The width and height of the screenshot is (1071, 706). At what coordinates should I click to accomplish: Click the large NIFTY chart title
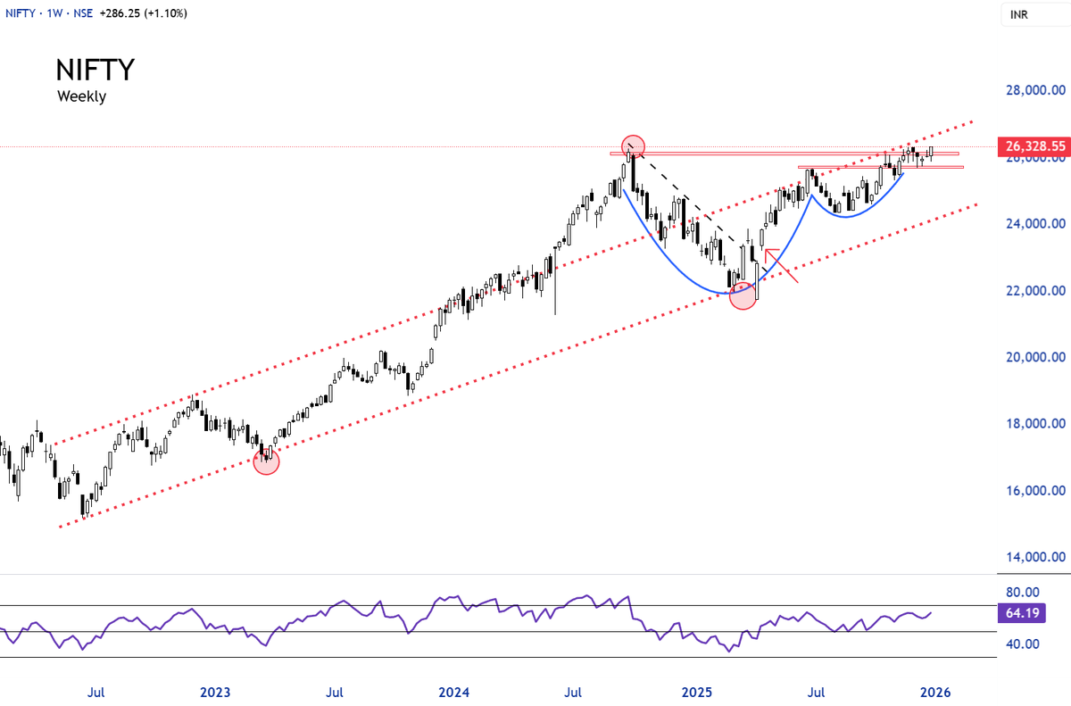pyautogui.click(x=95, y=70)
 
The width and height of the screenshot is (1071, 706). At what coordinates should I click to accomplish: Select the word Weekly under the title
pyautogui.click(x=82, y=96)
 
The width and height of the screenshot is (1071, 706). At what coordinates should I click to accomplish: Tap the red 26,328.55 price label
pyautogui.click(x=1034, y=146)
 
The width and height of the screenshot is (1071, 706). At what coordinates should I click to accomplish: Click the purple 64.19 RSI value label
pyautogui.click(x=1022, y=613)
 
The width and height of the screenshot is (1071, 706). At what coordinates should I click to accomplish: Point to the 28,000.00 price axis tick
pyautogui.click(x=1035, y=90)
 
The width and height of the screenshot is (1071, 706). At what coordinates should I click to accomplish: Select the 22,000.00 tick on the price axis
pyautogui.click(x=1035, y=291)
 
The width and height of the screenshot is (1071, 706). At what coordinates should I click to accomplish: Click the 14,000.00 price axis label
pyautogui.click(x=1035, y=557)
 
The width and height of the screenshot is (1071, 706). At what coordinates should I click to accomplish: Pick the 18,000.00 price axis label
pyautogui.click(x=1035, y=423)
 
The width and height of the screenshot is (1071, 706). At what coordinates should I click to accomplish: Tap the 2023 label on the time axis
pyautogui.click(x=215, y=692)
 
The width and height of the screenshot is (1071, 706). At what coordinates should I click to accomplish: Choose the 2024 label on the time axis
pyautogui.click(x=453, y=692)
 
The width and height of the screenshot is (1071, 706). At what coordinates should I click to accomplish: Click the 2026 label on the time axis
pyautogui.click(x=935, y=692)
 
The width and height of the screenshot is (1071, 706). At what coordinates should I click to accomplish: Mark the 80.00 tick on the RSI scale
pyautogui.click(x=1023, y=593)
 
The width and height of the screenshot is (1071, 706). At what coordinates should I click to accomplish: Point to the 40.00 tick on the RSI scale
pyautogui.click(x=1023, y=644)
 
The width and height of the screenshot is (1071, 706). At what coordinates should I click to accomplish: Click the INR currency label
pyautogui.click(x=1019, y=15)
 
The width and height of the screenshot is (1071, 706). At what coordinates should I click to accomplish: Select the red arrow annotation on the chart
pyautogui.click(x=781, y=265)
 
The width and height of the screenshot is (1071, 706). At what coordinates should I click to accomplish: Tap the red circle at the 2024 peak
pyautogui.click(x=633, y=145)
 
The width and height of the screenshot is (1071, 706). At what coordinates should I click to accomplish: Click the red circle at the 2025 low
pyautogui.click(x=743, y=296)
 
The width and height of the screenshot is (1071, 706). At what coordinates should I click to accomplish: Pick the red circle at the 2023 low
pyautogui.click(x=266, y=461)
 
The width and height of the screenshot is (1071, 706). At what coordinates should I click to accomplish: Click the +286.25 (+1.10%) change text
pyautogui.click(x=144, y=13)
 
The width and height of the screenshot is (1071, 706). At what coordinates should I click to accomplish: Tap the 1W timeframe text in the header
pyautogui.click(x=55, y=13)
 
